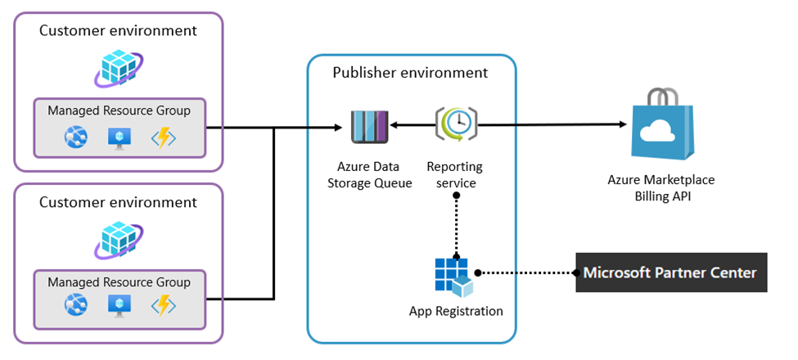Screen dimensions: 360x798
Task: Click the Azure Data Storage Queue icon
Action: pos(368,126)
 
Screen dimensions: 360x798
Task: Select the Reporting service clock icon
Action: pos(456,125)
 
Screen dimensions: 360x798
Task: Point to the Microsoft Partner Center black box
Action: pos(671,272)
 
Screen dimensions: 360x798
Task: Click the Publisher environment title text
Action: pos(409,73)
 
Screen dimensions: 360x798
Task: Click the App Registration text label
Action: pos(456,312)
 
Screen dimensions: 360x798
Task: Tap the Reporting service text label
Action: pos(455,175)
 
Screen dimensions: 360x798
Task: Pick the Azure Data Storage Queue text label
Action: pos(369,175)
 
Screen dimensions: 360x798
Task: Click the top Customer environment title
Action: pos(119,31)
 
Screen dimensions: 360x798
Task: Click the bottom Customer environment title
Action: pos(119,202)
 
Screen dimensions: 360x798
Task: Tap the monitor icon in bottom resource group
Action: pos(119,306)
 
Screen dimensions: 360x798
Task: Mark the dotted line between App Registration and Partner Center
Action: pos(524,272)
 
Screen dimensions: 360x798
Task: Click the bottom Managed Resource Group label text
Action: pos(119,282)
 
